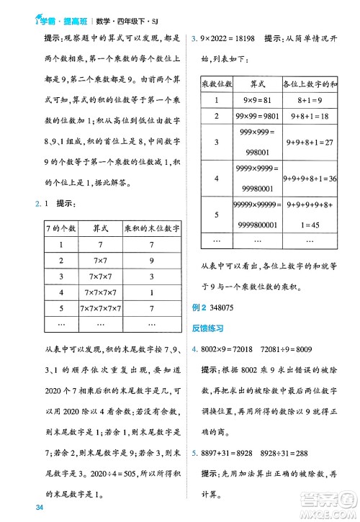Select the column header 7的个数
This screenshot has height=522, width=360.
[60, 228]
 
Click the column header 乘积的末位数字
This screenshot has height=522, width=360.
[151, 228]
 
